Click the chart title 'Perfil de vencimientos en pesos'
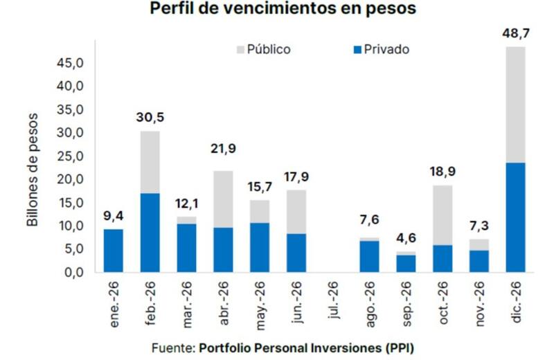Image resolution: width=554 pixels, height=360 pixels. [x=278, y=10]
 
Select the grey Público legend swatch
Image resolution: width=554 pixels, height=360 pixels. [x=241, y=50]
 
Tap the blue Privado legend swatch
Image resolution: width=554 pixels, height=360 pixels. [x=357, y=50]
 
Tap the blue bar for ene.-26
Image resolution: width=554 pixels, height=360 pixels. [x=113, y=250]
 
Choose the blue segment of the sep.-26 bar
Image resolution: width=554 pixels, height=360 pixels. [x=406, y=263]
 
